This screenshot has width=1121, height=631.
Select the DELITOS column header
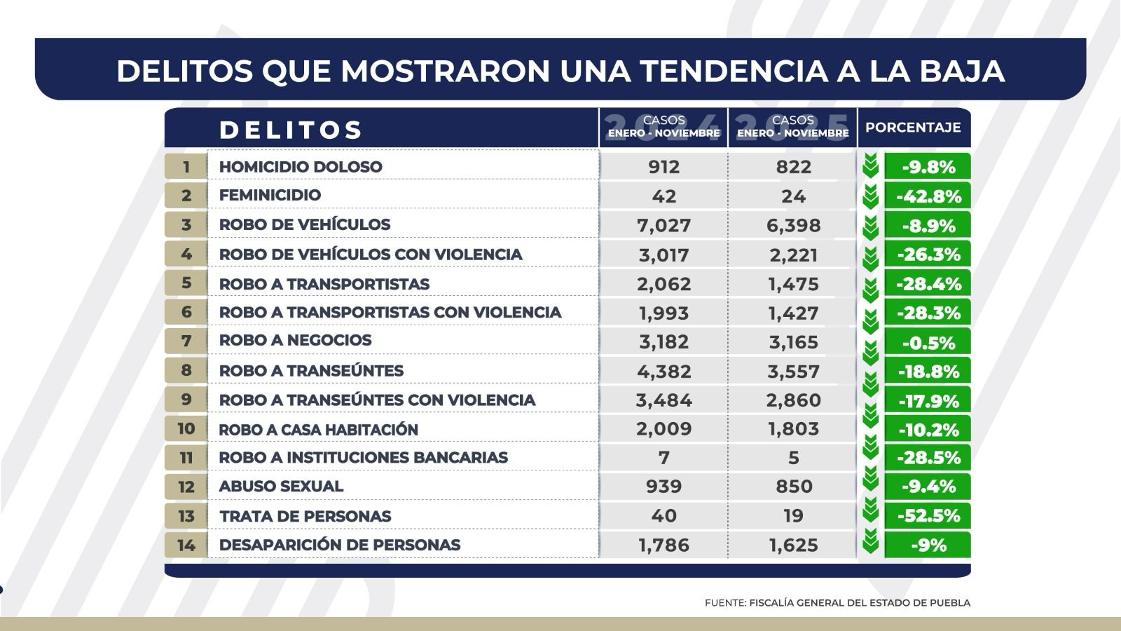pyautogui.click(x=290, y=130)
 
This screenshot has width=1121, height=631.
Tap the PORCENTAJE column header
pyautogui.click(x=913, y=128)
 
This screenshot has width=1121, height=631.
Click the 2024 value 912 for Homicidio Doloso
pyautogui.click(x=663, y=167)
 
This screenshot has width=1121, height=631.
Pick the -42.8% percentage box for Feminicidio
pyautogui.click(x=928, y=196)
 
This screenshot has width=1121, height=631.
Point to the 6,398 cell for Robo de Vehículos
pyautogui.click(x=793, y=225)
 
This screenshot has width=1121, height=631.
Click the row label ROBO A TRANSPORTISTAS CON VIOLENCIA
pyautogui.click(x=390, y=312)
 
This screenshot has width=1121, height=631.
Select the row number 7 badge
pyautogui.click(x=186, y=341)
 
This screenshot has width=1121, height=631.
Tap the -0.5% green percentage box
pyautogui.click(x=928, y=342)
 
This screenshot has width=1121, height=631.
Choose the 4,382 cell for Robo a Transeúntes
pyautogui.click(x=663, y=371)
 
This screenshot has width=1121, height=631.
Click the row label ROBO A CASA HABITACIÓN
pyautogui.click(x=318, y=429)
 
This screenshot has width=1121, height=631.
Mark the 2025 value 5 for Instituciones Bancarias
pyautogui.click(x=793, y=458)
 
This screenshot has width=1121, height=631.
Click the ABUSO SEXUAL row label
pyautogui.click(x=281, y=486)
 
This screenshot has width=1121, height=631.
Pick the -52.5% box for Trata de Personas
pyautogui.click(x=928, y=516)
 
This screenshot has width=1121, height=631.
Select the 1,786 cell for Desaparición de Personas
pyautogui.click(x=663, y=545)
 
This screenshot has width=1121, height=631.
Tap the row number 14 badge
pyautogui.click(x=186, y=545)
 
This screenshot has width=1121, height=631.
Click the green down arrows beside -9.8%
pyautogui.click(x=870, y=167)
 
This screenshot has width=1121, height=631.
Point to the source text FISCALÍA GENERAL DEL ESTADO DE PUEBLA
pyautogui.click(x=860, y=602)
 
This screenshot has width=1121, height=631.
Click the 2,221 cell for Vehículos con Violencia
pyautogui.click(x=793, y=255)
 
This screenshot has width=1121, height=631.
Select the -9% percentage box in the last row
pyautogui.click(x=928, y=545)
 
